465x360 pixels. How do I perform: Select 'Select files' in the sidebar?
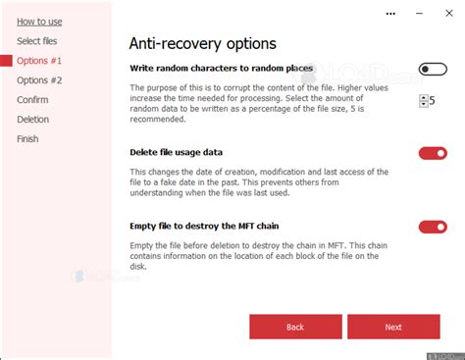point(37,40)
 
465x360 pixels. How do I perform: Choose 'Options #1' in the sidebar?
point(39,60)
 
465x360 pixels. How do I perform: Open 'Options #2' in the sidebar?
point(39,79)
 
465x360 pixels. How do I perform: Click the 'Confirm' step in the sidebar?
point(33,99)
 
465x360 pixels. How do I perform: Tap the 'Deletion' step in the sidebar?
point(33,119)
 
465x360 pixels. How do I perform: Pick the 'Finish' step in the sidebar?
point(28,138)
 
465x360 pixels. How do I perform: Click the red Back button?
point(295,327)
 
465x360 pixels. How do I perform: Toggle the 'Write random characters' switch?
point(433,69)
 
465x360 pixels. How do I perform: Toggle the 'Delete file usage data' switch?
point(433,153)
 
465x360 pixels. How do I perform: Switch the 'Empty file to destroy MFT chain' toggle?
point(433,227)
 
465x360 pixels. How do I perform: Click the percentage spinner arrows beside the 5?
point(423,100)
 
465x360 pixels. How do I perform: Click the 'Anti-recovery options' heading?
point(203,43)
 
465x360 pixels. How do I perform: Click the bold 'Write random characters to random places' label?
point(222,69)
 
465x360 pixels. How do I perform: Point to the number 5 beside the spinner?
point(433,100)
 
